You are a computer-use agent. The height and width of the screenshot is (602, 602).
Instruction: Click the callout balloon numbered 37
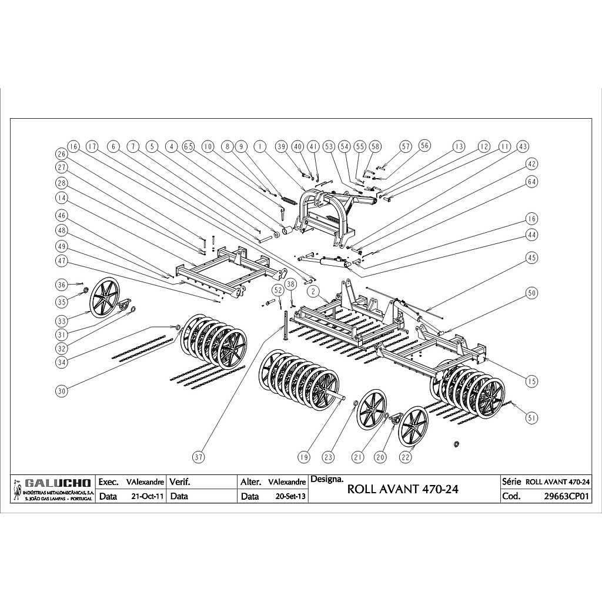click(199, 457)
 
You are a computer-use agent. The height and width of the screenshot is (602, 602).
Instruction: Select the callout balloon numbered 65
click(189, 146)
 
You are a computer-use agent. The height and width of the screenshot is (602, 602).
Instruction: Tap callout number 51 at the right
click(531, 418)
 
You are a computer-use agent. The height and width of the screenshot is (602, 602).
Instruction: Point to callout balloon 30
click(62, 391)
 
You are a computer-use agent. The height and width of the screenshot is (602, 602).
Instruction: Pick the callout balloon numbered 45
click(531, 257)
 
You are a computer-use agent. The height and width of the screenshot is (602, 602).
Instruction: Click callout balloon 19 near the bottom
click(304, 457)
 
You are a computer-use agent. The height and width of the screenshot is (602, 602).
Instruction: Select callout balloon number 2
click(313, 292)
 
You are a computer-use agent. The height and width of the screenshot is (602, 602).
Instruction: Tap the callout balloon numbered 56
click(424, 145)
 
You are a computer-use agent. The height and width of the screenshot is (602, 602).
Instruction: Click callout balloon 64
click(531, 182)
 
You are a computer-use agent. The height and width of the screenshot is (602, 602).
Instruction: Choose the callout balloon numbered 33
click(62, 320)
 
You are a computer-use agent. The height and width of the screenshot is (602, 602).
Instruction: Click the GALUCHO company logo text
click(58, 483)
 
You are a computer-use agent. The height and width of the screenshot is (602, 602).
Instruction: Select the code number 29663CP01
click(566, 496)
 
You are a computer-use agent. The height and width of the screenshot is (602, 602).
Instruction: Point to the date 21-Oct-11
click(148, 496)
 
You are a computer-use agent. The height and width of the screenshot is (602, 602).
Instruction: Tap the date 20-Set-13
click(290, 496)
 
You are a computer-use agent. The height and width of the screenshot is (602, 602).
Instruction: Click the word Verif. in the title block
click(180, 482)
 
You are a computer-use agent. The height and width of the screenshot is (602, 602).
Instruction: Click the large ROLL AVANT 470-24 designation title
click(403, 489)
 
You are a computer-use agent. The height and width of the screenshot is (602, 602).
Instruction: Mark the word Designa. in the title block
click(327, 479)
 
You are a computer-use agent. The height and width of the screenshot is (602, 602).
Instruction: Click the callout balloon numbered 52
click(278, 289)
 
